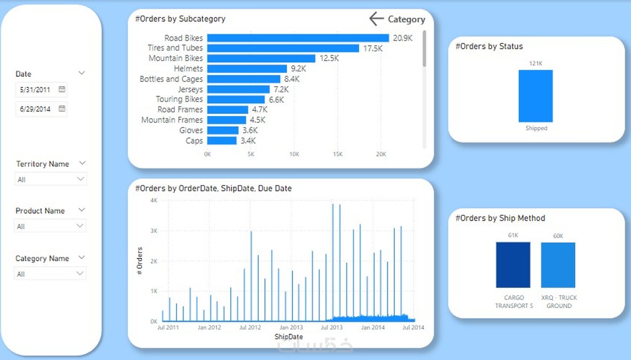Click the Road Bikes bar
tap(298, 38)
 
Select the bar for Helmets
tap(247, 69)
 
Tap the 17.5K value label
tap(373, 48)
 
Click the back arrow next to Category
tap(376, 19)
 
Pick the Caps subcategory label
tap(194, 141)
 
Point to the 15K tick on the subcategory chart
tap(337, 154)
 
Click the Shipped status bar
tap(535, 96)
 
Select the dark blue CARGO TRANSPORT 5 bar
tap(513, 265)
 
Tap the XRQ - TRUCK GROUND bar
tap(558, 265)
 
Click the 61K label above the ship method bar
tap(513, 235)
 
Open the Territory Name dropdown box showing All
tap(50, 179)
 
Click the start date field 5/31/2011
tap(35, 89)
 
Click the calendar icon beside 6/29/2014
tap(62, 108)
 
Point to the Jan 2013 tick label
tap(291, 327)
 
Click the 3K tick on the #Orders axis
tap(154, 230)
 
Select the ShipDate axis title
tap(288, 337)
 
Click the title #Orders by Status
tap(489, 46)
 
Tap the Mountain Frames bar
tap(226, 120)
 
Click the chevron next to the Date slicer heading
tap(82, 73)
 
